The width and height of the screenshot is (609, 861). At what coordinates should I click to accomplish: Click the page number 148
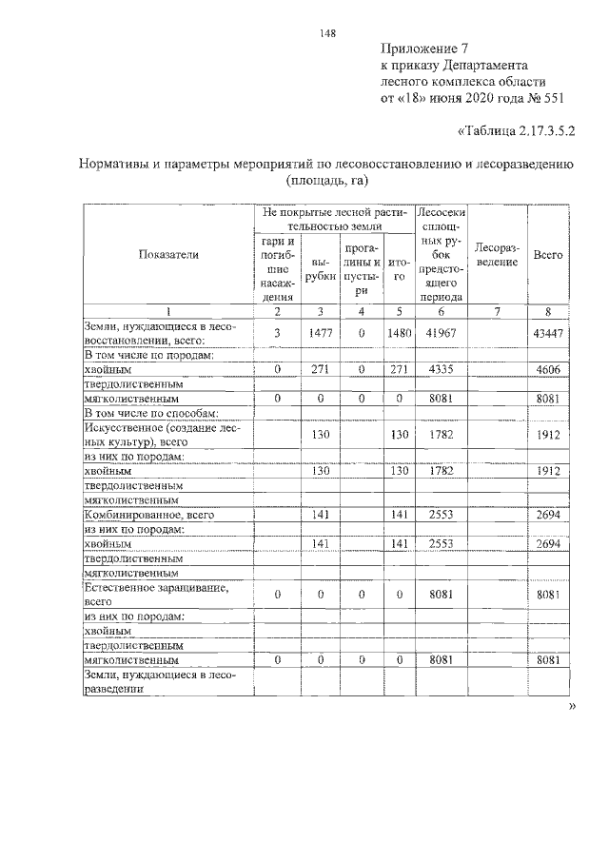click(x=328, y=31)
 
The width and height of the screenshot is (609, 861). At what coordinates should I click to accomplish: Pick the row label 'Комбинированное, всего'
click(x=147, y=515)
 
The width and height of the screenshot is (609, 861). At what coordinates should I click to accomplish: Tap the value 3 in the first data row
click(x=277, y=333)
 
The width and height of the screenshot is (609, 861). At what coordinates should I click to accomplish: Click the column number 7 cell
click(x=496, y=311)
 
